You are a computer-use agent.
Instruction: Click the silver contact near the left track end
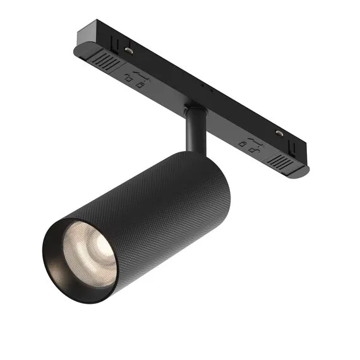(x=128, y=49)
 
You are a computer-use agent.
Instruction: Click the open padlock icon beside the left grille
(x=131, y=81)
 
